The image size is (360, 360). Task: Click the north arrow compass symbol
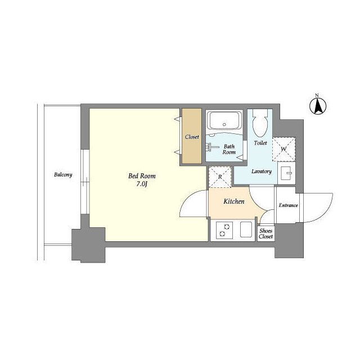click(x=318, y=106)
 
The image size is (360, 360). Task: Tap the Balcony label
click(x=63, y=175)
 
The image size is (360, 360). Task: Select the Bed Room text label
click(x=142, y=176)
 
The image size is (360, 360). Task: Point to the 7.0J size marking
click(x=142, y=184)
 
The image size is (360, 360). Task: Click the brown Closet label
click(x=192, y=137)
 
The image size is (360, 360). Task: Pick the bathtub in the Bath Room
click(x=224, y=120)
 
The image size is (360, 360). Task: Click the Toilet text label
click(x=260, y=143)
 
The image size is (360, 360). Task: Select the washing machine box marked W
click(x=283, y=149)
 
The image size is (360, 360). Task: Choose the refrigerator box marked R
click(x=220, y=177)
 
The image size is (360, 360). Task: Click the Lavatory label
click(x=262, y=171)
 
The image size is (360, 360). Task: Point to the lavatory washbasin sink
click(x=286, y=173)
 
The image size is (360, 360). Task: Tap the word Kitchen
click(x=234, y=201)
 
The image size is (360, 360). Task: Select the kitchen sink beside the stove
click(x=246, y=229)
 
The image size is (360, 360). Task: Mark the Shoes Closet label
click(x=266, y=234)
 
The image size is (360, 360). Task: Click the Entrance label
click(x=289, y=205)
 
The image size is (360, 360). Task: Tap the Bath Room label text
click(x=229, y=149)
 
